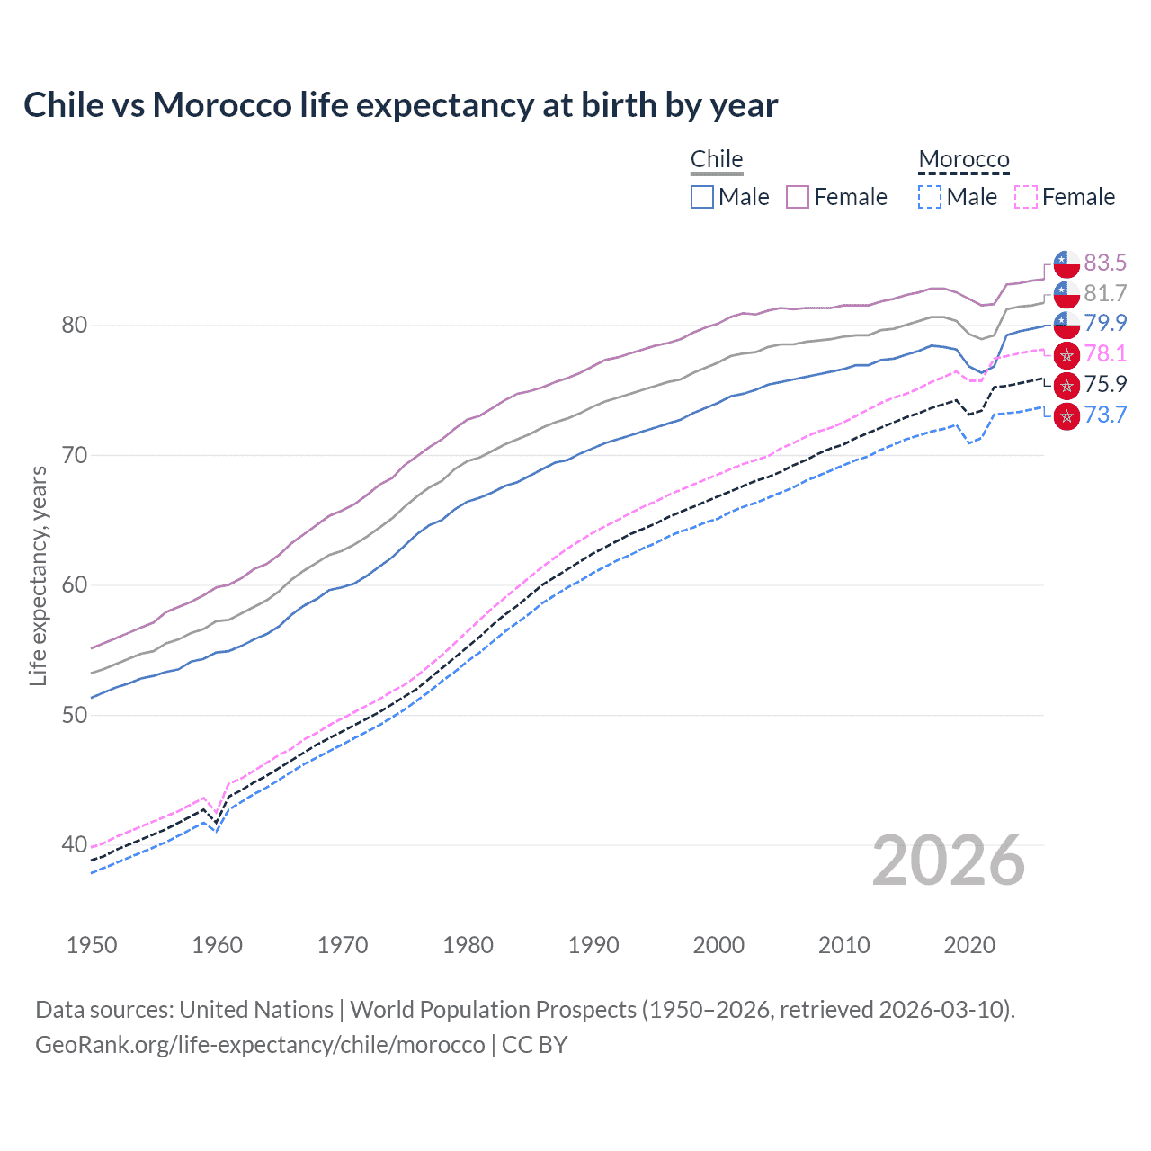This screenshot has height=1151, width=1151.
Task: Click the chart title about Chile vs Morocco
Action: tap(400, 105)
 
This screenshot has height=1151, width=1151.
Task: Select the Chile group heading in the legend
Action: tap(717, 159)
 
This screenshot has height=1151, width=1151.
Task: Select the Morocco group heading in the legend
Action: tap(964, 159)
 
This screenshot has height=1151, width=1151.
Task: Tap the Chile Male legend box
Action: tap(702, 197)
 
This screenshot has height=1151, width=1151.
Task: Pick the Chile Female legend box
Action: tap(798, 197)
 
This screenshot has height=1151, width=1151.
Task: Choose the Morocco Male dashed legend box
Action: tap(930, 197)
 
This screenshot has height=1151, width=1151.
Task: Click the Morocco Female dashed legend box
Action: tap(1026, 197)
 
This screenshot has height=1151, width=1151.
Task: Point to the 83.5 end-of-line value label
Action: tap(1105, 263)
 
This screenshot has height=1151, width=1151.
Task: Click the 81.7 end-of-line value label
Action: tap(1105, 293)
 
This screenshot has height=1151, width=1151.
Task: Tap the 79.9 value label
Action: tap(1105, 323)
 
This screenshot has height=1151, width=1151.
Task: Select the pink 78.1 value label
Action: tap(1105, 353)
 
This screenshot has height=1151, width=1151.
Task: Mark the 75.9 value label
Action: tap(1105, 384)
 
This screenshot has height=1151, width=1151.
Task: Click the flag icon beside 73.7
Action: tap(1066, 415)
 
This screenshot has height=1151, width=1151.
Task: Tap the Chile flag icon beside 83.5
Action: tap(1066, 263)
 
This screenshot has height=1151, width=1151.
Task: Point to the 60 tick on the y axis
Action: tap(74, 585)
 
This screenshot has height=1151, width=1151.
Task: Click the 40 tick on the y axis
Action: tap(74, 845)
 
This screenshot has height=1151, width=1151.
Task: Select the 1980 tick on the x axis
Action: tap(468, 945)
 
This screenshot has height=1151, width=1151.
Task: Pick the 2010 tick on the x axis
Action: tap(843, 945)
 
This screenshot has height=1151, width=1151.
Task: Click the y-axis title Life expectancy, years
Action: tap(39, 575)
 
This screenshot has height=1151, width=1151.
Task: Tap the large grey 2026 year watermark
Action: tap(949, 861)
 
